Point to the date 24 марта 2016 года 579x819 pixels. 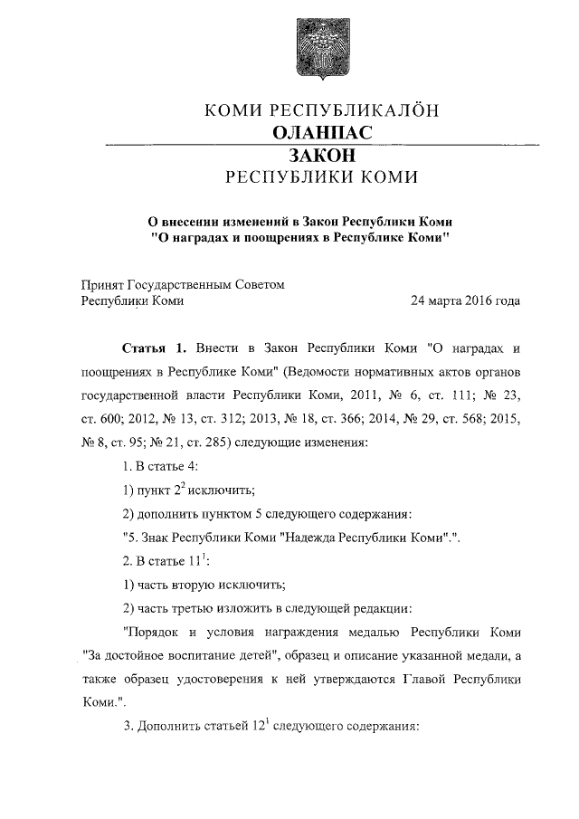(465, 300)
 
